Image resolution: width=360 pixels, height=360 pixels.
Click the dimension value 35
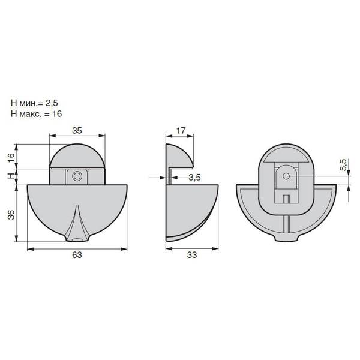(x=77, y=130)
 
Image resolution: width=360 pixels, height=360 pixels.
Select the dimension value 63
(x=77, y=255)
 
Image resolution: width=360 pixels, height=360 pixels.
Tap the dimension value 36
(x=11, y=215)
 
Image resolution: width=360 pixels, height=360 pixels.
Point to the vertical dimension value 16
(x=11, y=157)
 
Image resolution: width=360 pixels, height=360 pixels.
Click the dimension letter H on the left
(x=11, y=176)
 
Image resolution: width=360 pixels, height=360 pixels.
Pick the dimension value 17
(x=181, y=130)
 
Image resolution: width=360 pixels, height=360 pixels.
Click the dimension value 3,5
(x=194, y=178)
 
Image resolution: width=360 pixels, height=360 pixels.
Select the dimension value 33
(x=192, y=255)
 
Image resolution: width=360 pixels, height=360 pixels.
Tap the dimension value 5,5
(x=343, y=165)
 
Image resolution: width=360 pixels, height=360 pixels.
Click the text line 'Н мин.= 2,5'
(x=34, y=103)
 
